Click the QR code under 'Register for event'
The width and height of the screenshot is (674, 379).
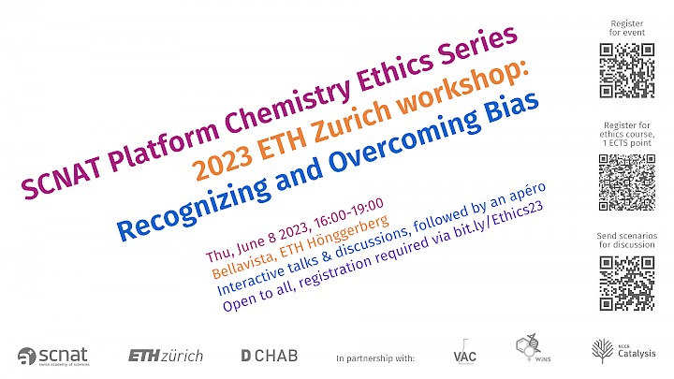627,70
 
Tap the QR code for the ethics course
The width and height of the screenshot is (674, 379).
627,182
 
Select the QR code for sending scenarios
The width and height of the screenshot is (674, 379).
627,284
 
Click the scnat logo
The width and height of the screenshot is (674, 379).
53,357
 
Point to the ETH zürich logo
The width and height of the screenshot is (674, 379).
166,356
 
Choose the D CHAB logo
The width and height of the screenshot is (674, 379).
269,356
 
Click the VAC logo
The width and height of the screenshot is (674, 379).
464,353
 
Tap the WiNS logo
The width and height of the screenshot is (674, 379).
532,348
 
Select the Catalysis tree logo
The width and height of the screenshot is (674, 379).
623,352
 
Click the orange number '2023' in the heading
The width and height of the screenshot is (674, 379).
221,161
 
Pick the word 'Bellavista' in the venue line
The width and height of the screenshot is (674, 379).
243,265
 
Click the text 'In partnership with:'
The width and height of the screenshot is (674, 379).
375,358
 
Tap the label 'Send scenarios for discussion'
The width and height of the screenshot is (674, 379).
626,241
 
